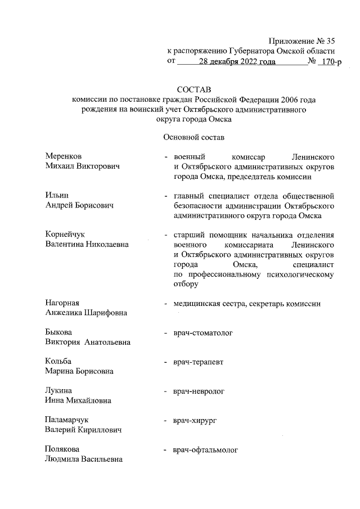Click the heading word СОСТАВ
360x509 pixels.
point(192,89)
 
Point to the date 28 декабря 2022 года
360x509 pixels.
point(241,61)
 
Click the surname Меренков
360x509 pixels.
point(66,156)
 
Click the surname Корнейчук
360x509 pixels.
point(67,234)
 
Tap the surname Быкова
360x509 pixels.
point(58,333)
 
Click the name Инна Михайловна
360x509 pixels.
point(78,400)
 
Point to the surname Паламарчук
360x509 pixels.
point(67,420)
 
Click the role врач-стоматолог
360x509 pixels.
point(203,333)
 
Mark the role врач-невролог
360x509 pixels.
point(199,390)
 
